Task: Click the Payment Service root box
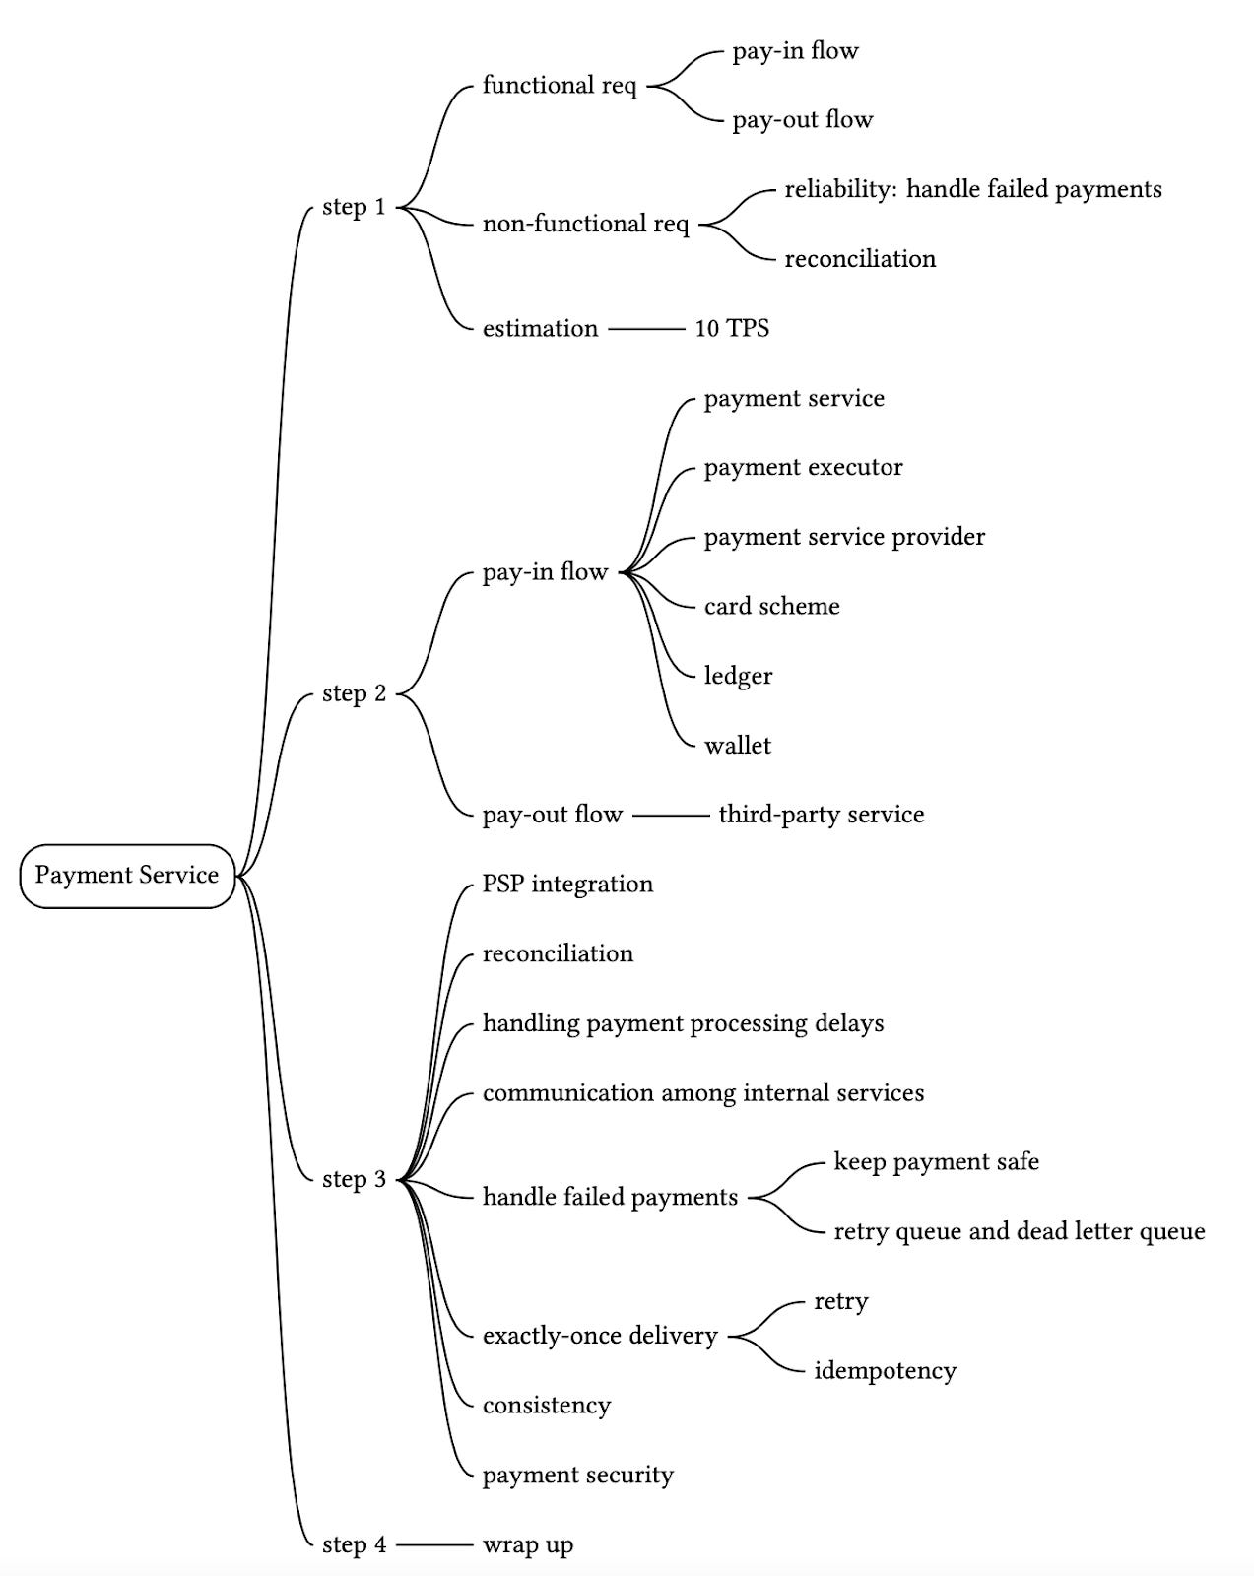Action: coord(127,876)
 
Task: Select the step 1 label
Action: coord(354,207)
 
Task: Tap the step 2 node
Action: coord(354,693)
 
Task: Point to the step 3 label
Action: coord(354,1179)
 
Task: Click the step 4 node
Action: coord(354,1545)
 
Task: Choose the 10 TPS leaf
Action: coord(732,329)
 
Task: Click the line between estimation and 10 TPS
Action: coord(645,329)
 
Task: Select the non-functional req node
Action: coord(585,225)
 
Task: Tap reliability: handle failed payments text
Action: coord(972,189)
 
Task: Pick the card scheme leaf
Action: coord(771,607)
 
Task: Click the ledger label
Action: coord(738,677)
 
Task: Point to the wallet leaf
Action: coord(737,746)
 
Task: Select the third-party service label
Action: coord(821,815)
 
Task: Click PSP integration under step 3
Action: coord(567,885)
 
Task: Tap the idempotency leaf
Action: coord(885,1371)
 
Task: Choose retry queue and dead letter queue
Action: coord(1019,1232)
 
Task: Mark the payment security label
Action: coord(577,1476)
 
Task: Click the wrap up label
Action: coord(527,1545)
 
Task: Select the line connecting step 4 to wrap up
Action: coord(433,1545)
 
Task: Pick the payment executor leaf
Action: coord(803,468)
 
